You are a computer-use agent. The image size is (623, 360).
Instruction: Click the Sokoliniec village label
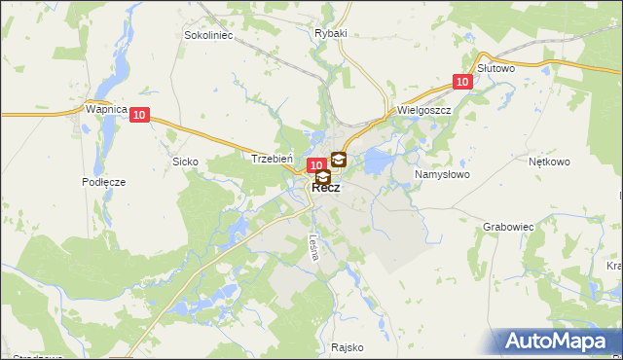pos(206,35)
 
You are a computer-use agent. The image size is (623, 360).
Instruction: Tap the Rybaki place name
pos(331,32)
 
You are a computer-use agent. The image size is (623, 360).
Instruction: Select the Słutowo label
pos(496,68)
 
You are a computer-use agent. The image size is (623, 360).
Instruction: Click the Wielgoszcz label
pos(421,111)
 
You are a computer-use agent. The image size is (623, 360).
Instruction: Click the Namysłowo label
pos(442,174)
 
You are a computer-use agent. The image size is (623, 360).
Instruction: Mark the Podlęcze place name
pos(104,182)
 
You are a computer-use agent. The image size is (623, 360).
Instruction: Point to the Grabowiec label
pos(508,226)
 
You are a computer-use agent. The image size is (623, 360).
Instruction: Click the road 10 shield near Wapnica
pos(140,115)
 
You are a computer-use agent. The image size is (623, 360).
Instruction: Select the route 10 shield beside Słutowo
pos(463,83)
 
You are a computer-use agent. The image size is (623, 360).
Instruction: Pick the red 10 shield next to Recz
pos(315,166)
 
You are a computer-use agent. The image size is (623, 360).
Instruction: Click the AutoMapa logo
pos(560,340)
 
